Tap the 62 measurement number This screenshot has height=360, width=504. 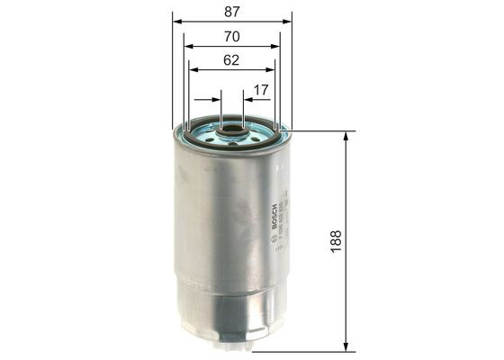(231, 62)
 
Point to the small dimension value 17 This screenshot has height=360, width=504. (260, 90)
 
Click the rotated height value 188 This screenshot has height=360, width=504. (336, 241)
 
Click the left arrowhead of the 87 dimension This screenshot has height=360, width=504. (176, 18)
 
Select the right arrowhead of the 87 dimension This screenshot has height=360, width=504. (288, 18)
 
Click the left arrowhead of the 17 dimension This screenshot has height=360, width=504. (215, 100)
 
